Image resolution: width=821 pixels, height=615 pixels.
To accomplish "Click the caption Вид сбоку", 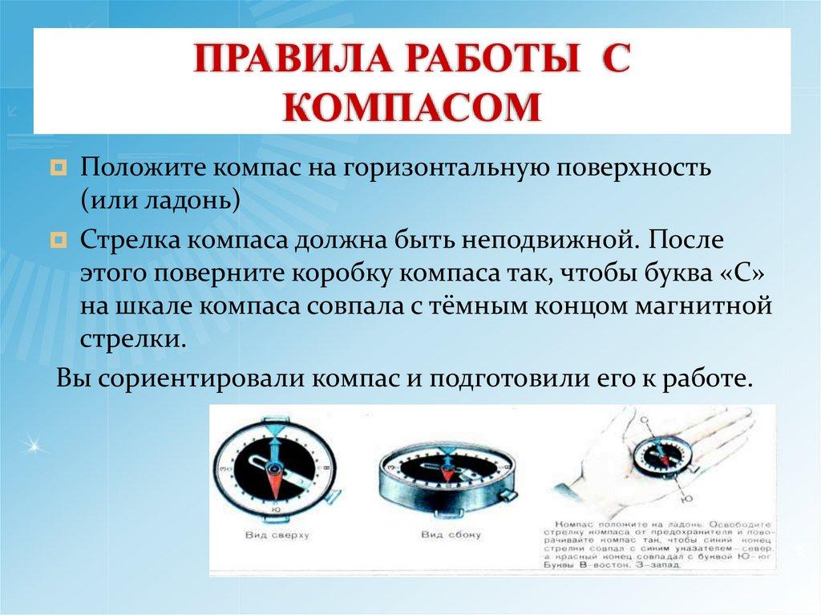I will click(x=443, y=534).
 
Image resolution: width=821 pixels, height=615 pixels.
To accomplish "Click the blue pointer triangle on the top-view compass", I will click(x=275, y=431).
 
